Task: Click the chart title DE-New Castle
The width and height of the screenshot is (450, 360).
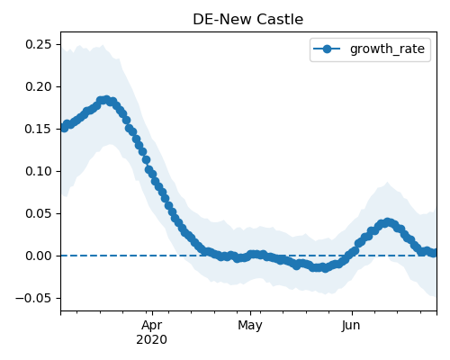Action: pyautogui.click(x=247, y=20)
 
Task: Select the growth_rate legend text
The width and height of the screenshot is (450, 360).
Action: pyautogui.click(x=387, y=49)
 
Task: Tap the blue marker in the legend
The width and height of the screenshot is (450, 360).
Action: pyautogui.click(x=327, y=49)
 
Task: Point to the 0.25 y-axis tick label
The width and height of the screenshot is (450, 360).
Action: pyautogui.click(x=39, y=44)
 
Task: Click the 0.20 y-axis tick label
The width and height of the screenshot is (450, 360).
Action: pyautogui.click(x=39, y=86)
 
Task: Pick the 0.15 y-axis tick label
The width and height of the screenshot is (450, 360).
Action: pyautogui.click(x=39, y=129)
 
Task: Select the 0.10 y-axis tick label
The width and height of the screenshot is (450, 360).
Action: pyautogui.click(x=39, y=171)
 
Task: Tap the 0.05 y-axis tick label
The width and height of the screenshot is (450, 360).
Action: pyautogui.click(x=39, y=213)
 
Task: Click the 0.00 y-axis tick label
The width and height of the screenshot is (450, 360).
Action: pyautogui.click(x=39, y=256)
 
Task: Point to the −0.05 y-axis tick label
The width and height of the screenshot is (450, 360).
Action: pyautogui.click(x=33, y=298)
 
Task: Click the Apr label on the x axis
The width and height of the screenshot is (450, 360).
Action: pyautogui.click(x=152, y=326)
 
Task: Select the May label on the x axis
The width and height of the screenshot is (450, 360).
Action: pyautogui.click(x=250, y=326)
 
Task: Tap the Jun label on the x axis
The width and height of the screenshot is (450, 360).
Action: pyautogui.click(x=351, y=326)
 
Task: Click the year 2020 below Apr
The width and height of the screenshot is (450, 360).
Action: pyautogui.click(x=151, y=340)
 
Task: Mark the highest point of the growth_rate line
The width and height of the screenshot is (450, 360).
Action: pyautogui.click(x=105, y=100)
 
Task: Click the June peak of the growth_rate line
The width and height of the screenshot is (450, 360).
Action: pyautogui.click(x=388, y=222)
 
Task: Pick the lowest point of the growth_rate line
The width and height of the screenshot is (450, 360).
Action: pyautogui.click(x=325, y=268)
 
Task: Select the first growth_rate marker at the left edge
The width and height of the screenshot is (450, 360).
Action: pyautogui.click(x=63, y=128)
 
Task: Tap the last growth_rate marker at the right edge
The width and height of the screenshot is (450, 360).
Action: pyautogui.click(x=434, y=253)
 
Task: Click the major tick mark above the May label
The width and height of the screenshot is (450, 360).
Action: pyautogui.click(x=250, y=313)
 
